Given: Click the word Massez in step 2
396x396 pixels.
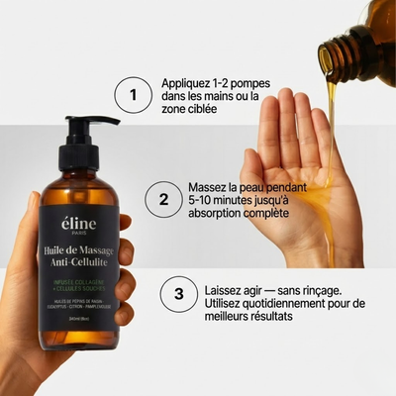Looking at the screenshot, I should coord(210,186).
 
